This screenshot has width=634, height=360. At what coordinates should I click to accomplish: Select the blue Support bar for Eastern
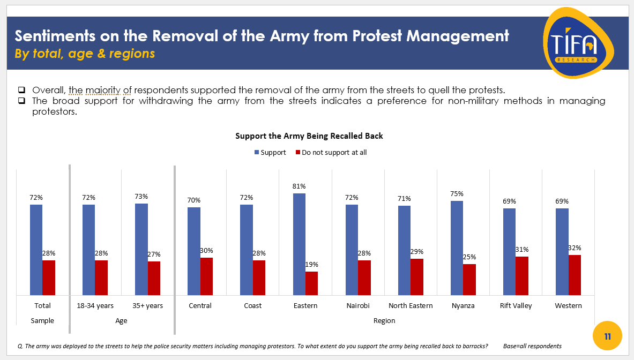pos(299,244)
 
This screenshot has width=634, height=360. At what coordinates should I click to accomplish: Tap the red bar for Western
pos(575,275)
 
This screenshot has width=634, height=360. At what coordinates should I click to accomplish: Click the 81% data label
pos(299,186)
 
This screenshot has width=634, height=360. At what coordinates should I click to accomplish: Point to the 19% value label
pos(311,264)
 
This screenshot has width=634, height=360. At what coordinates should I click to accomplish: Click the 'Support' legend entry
pos(273,153)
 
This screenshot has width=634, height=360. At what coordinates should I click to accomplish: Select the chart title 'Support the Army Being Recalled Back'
pos(309,136)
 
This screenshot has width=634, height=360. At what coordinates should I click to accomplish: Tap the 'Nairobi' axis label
pos(358,305)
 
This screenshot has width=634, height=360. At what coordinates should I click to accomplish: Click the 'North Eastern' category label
pos(411,305)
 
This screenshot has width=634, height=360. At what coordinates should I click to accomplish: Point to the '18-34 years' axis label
pos(95,305)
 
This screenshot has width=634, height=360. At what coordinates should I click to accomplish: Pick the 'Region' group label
pos(384,320)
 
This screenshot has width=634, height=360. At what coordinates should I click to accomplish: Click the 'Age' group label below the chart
pos(121,320)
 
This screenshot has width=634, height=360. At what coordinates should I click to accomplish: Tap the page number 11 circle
pos(607,337)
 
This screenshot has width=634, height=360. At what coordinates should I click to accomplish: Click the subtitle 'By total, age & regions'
pos(85,54)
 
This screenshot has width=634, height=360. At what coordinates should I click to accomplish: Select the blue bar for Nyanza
pos(457,247)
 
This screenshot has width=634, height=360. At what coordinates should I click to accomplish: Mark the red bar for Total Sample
pos(49,277)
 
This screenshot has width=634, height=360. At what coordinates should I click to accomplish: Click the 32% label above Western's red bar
pos(575,248)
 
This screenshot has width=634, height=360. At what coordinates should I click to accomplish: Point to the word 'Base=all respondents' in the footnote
pos(532,346)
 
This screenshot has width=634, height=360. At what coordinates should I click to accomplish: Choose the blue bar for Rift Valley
pos(509,251)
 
